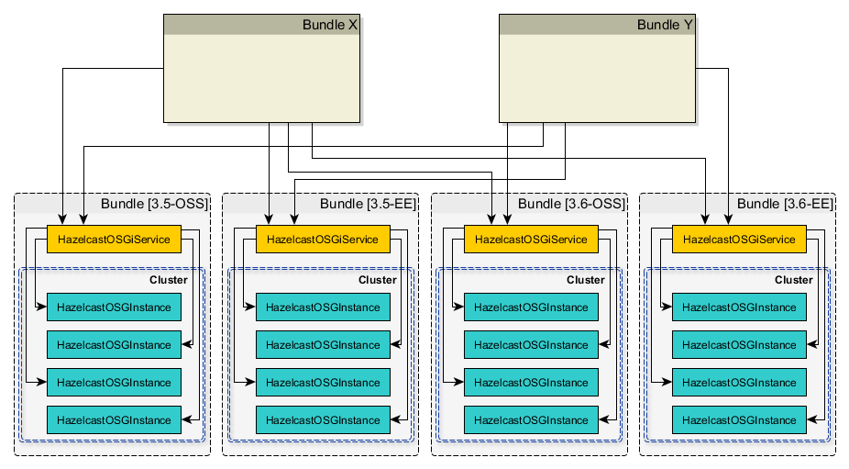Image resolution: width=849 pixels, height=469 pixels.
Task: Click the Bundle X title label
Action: pos(329,25)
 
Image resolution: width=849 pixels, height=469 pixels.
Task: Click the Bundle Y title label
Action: pos(665,25)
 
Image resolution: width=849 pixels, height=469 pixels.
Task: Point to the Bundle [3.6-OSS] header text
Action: pos(571,204)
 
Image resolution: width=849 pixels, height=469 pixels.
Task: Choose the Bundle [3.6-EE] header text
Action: pos(785,204)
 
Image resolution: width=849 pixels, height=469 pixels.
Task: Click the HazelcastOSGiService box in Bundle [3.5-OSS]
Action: pos(114,240)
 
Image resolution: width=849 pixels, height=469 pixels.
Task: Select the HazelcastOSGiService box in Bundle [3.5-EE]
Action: pos(323,240)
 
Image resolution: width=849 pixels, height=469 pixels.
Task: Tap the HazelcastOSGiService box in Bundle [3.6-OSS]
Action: pos(531,240)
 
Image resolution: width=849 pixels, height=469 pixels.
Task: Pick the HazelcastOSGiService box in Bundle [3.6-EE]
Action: pos(740,240)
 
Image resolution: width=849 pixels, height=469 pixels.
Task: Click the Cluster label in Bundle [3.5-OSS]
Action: pos(168,280)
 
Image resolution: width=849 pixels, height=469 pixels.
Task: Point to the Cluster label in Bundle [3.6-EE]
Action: pos(793,280)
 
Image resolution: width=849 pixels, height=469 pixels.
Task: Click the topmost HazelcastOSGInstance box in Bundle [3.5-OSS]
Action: pos(114,307)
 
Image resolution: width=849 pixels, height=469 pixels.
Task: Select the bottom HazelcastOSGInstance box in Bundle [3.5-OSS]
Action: pos(114,420)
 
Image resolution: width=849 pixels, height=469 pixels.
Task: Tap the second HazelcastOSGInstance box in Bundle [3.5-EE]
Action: pos(323,345)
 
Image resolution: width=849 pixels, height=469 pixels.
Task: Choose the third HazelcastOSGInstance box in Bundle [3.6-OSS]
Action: pos(531,383)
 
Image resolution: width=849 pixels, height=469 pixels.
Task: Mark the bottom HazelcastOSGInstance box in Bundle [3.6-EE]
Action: pos(740,420)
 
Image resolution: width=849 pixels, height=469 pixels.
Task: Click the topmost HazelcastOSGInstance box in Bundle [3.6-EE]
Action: pos(740,307)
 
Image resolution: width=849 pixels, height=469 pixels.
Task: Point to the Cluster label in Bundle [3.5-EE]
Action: pos(377,280)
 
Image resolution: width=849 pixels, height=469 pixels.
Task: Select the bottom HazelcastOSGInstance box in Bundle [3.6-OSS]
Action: pos(531,420)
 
